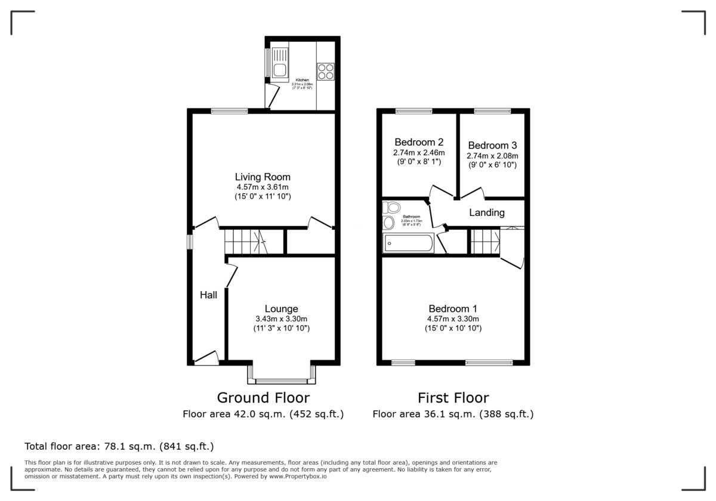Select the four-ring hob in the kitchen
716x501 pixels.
325,71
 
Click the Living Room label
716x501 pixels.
263,177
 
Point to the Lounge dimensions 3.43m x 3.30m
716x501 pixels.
282,318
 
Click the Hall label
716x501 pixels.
208,295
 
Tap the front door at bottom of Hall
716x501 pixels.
206,358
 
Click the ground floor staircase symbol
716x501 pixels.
245,242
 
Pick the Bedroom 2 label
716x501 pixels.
419,142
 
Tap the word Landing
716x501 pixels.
486,212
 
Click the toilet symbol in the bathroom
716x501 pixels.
392,208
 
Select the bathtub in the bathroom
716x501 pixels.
409,243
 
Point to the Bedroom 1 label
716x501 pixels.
453,308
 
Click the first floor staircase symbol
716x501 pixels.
485,242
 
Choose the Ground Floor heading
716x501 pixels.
263,397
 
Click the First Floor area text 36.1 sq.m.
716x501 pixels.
453,413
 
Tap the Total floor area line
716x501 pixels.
119,446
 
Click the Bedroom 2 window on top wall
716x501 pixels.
414,110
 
